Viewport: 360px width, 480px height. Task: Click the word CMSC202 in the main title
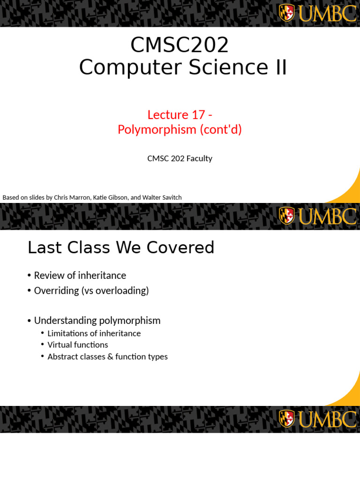point(180,45)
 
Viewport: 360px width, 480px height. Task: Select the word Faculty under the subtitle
point(199,158)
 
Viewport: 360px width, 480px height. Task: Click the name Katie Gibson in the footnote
point(110,197)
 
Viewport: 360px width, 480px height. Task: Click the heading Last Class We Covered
point(121,247)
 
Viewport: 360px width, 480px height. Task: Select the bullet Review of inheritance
point(80,276)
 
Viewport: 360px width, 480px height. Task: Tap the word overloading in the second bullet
point(125,291)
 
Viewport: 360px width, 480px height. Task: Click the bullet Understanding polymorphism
point(97,321)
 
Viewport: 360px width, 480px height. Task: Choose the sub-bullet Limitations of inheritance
point(94,333)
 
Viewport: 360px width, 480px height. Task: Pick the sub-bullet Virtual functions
point(78,345)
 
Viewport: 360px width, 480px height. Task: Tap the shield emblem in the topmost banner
point(286,13)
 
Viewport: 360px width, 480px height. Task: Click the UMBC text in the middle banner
point(327,216)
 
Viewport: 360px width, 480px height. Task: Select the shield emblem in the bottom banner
point(286,419)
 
